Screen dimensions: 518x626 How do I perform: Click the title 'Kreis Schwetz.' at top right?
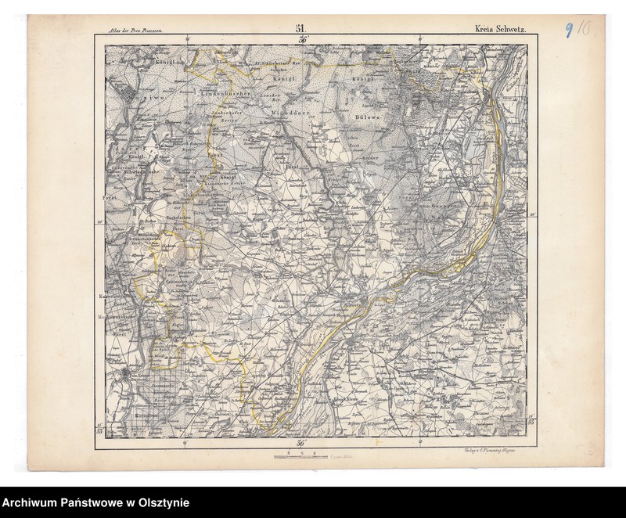[x=500, y=30]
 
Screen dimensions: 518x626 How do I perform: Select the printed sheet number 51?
[x=300, y=29]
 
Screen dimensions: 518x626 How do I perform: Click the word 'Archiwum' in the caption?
[x=33, y=503]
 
